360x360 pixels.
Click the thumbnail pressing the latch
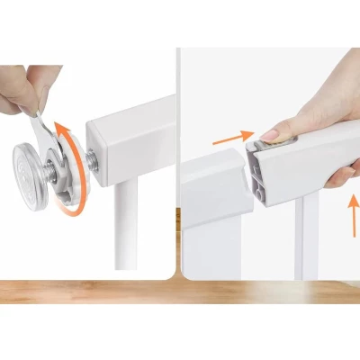click(270, 133)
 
